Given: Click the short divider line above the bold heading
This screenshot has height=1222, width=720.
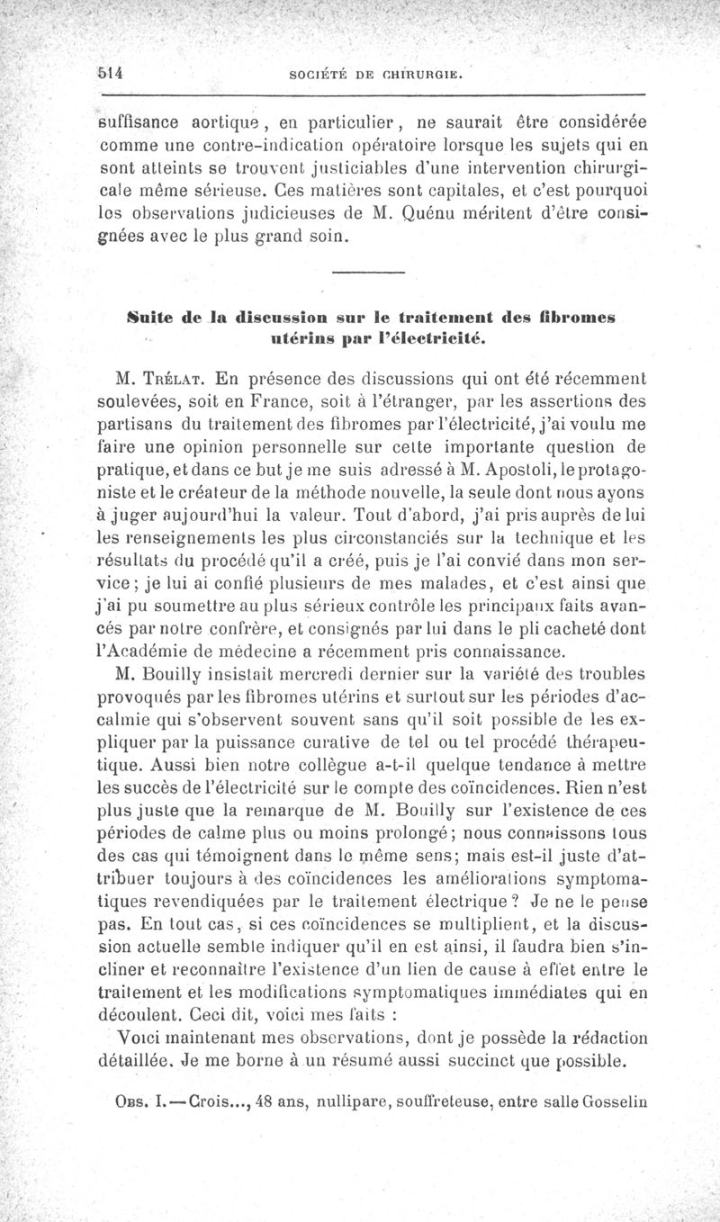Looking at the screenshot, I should pyautogui.click(x=368, y=273).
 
